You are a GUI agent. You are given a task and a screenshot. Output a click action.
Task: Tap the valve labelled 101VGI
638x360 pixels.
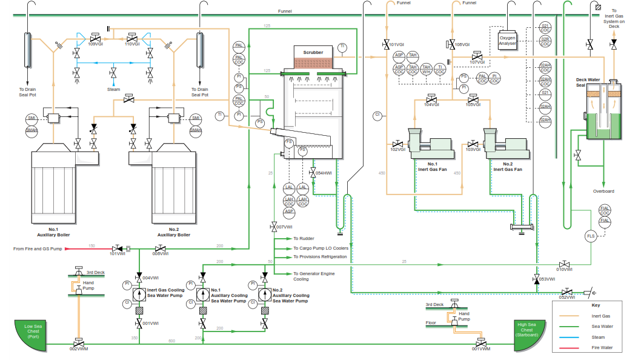click(x=386, y=44)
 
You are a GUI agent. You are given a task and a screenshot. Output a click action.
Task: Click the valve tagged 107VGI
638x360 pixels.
click(x=477, y=55)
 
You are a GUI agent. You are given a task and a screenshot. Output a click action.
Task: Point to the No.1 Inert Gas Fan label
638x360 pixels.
click(x=432, y=167)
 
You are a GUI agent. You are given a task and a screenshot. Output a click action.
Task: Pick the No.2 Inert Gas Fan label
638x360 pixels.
click(x=507, y=167)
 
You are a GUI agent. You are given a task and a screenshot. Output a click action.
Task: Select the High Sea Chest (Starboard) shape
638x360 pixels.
click(x=530, y=335)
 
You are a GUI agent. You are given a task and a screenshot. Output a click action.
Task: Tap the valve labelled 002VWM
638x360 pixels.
click(x=78, y=342)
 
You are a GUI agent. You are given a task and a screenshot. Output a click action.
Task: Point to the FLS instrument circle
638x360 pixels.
click(x=591, y=236)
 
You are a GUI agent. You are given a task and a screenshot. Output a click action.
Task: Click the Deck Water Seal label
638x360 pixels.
click(x=587, y=82)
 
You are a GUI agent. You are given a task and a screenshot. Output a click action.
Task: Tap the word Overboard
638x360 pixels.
click(x=603, y=192)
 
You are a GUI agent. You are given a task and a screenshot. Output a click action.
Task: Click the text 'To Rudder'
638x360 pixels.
click(x=304, y=239)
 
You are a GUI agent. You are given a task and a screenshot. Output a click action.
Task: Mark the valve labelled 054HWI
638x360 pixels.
click(x=313, y=172)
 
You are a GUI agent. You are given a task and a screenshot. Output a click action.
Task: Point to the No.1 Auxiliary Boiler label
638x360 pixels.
click(x=54, y=232)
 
